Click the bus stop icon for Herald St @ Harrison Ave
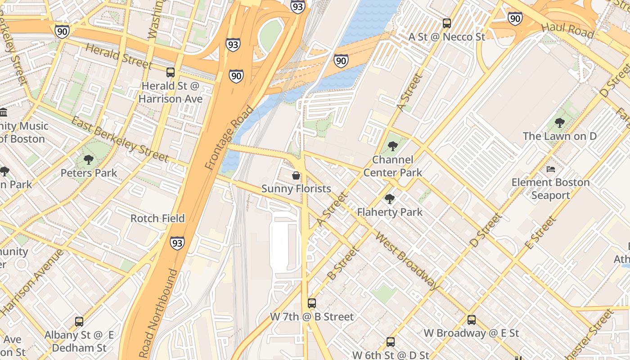pos(171,72)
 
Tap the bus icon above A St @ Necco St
pos(446,23)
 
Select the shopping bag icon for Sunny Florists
pos(296,175)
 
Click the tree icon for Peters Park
pos(89,159)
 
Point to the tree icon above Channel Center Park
pos(392,146)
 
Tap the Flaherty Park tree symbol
pos(390,198)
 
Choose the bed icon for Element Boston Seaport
pos(551,169)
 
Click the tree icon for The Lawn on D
pos(559,122)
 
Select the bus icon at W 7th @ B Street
pos(311,303)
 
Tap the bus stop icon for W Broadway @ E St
pos(471,320)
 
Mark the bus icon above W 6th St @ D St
pos(390,342)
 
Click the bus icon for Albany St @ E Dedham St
pos(79,322)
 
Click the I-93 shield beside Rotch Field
pos(177,243)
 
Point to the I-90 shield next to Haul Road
pos(515,18)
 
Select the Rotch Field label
pos(157,218)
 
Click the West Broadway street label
pos(407,261)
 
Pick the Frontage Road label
pos(229,138)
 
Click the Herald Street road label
pos(118,56)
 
